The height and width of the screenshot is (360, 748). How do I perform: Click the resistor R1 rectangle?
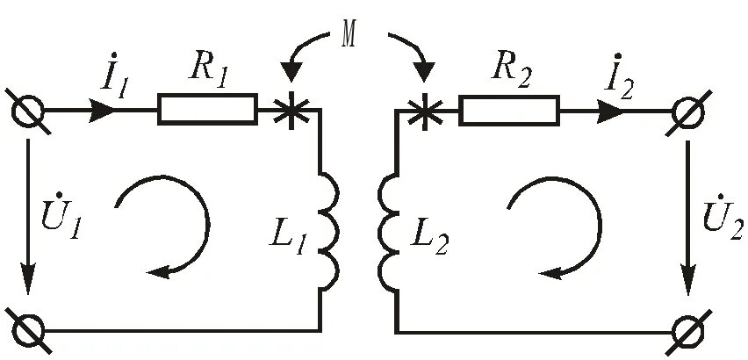[207, 110]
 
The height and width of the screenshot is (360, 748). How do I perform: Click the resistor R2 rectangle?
[508, 110]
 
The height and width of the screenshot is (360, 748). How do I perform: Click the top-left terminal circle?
[26, 111]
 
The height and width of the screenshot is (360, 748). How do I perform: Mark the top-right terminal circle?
[688, 111]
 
